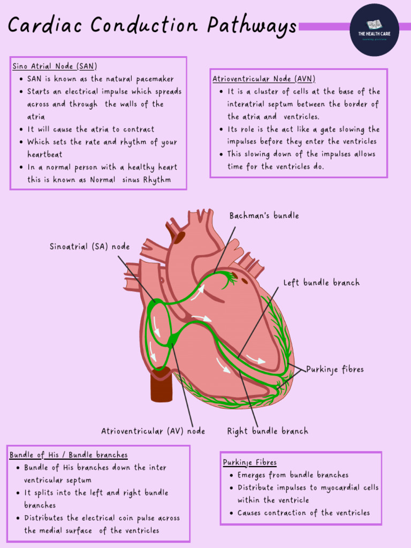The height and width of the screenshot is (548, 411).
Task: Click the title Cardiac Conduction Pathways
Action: coord(152,26)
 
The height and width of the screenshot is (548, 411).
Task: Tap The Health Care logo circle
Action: coord(375,30)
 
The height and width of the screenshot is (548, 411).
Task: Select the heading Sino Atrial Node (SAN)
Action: coord(55,66)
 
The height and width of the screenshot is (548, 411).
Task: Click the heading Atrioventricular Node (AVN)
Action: coord(264,79)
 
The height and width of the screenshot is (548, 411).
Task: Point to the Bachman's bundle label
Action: coord(264,216)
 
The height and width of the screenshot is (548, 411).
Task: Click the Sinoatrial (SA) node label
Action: coord(89,247)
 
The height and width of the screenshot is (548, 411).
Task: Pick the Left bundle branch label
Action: coord(321,283)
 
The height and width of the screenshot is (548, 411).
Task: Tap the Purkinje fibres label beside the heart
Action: coord(335,369)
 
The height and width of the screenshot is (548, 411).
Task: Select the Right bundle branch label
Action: coord(268,431)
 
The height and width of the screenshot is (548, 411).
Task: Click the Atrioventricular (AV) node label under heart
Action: coord(153,431)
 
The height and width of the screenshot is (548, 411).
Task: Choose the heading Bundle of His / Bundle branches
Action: coord(68,455)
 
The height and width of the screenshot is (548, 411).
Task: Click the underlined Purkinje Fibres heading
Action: coord(250,462)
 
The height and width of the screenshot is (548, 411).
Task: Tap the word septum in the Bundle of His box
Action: coord(78,480)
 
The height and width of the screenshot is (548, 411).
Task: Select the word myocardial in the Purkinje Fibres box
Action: coord(338,488)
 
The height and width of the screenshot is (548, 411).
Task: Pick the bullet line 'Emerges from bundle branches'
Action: coord(293,475)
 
